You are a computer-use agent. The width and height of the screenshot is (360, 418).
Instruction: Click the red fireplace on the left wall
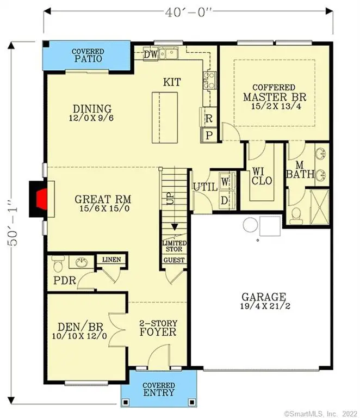tap(40, 199)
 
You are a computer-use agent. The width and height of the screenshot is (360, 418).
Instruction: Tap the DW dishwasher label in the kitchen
tap(150, 54)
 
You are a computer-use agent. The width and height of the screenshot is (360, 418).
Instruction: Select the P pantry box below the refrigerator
tap(209, 134)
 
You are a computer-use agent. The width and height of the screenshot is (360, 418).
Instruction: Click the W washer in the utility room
tap(225, 179)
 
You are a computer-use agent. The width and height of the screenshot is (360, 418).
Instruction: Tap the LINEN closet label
tap(111, 260)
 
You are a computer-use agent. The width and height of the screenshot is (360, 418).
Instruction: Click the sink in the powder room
tap(82, 263)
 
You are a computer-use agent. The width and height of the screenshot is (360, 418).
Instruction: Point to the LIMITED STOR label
tap(175, 246)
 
